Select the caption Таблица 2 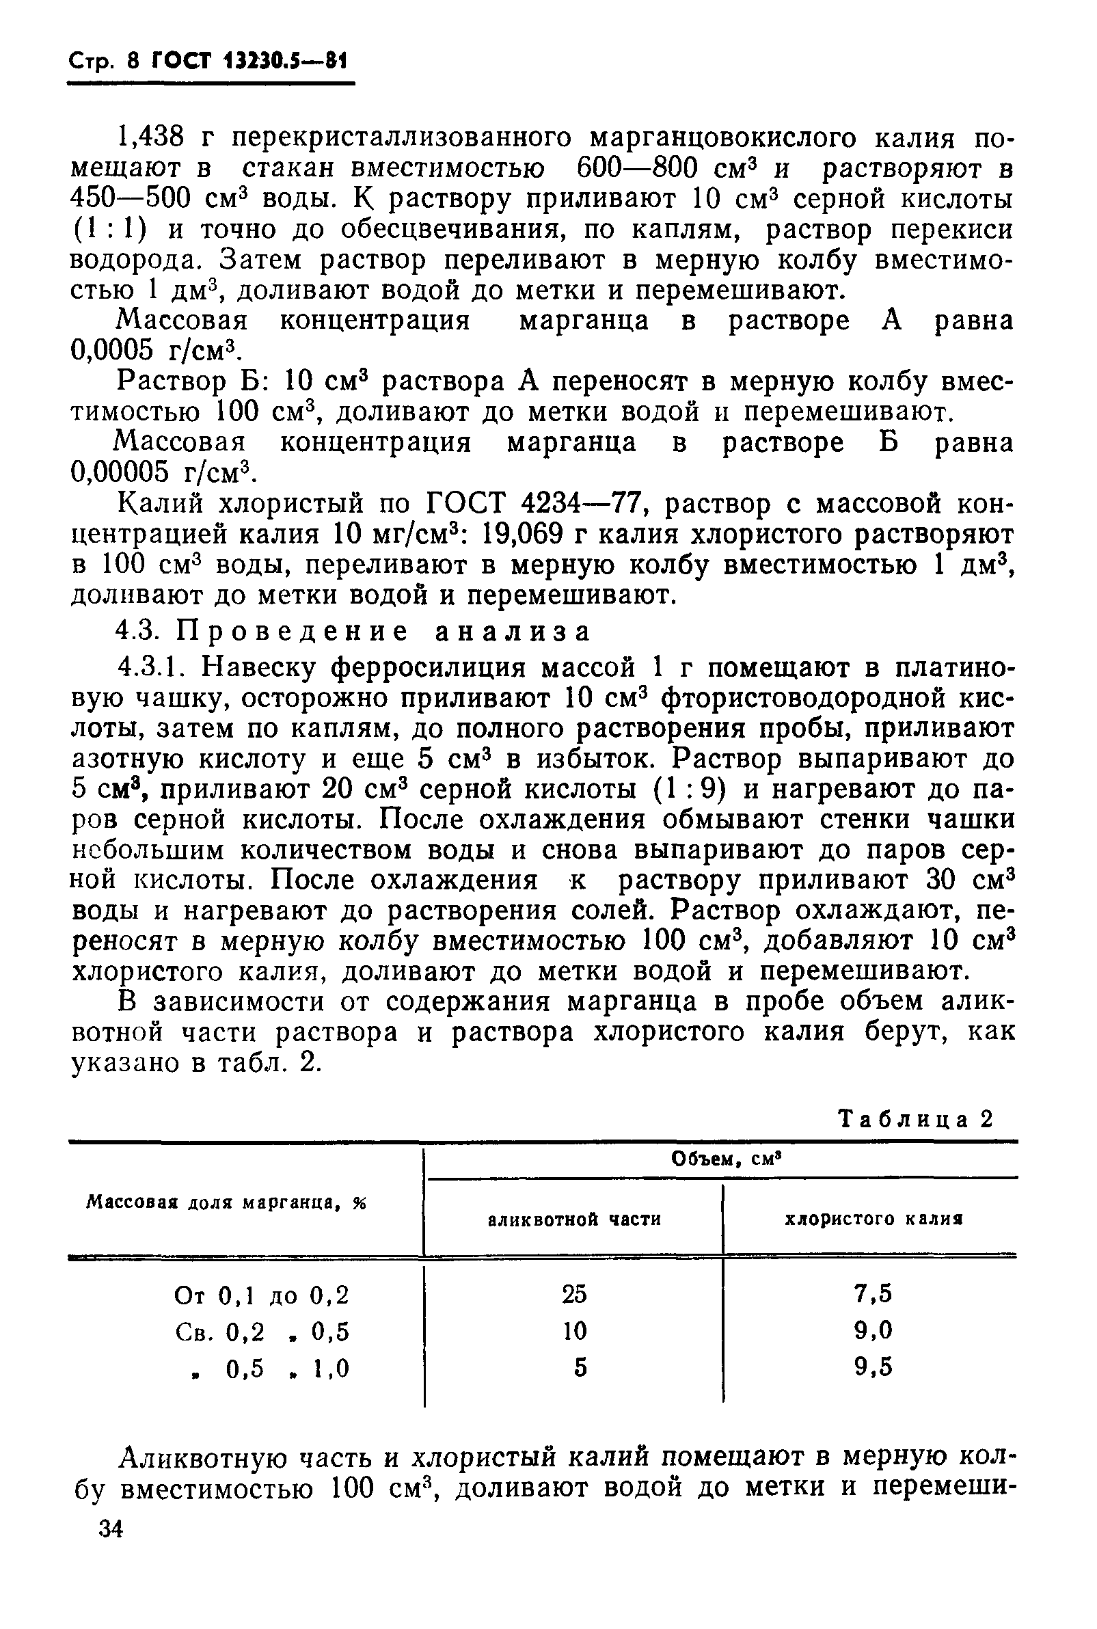tap(916, 1120)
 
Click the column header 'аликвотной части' tap(573, 1220)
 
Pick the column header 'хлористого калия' tap(873, 1219)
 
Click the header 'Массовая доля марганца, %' tap(226, 1204)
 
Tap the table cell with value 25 tap(573, 1295)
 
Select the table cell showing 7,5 tap(873, 1294)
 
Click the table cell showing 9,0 tap(873, 1330)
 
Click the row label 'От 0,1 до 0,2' tap(261, 1296)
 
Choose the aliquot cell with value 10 tap(573, 1331)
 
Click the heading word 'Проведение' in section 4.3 tap(292, 632)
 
